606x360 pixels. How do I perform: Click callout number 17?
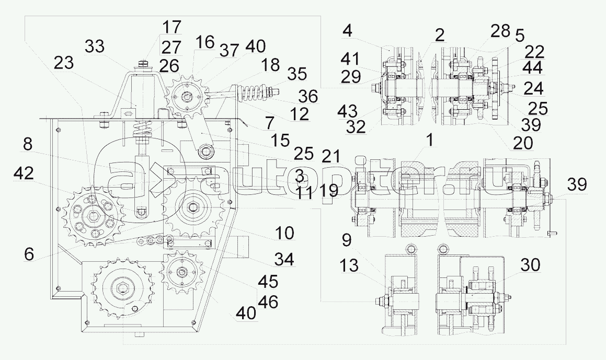tap(171, 27)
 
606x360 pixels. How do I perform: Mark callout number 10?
tap(285, 234)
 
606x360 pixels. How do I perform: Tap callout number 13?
tap(349, 265)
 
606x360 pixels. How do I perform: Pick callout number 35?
tap(297, 74)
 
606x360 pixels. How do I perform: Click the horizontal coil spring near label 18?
tap(254, 94)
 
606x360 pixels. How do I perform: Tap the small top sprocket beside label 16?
tap(184, 98)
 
